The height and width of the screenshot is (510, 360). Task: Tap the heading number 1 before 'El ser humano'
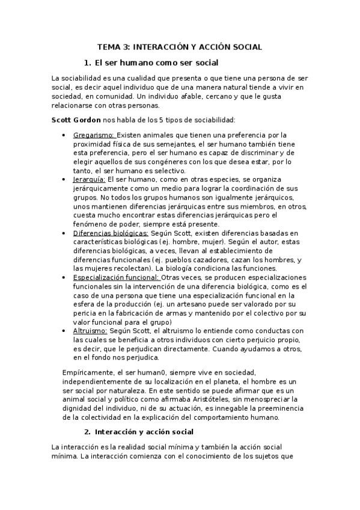[x=87, y=63]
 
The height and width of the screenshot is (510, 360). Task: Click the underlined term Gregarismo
[x=94, y=135]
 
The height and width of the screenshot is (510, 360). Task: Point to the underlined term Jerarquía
[x=90, y=179]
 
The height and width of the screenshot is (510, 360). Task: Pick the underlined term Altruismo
[x=90, y=331]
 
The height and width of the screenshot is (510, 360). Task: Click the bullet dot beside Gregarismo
[x=63, y=135]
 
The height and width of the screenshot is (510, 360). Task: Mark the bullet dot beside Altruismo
[x=63, y=331]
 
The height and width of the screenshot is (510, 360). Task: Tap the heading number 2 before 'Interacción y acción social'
[x=88, y=432]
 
